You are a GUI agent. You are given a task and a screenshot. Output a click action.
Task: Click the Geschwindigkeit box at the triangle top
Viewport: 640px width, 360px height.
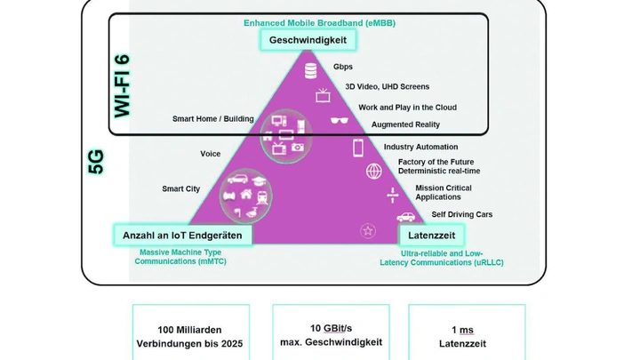(x=308, y=40)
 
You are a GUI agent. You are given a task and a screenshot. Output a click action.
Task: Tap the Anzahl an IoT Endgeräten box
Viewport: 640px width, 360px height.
(x=183, y=235)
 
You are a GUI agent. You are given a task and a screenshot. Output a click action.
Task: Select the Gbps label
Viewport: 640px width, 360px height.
(x=343, y=67)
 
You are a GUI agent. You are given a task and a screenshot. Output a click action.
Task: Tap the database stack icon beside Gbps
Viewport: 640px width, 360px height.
(x=310, y=70)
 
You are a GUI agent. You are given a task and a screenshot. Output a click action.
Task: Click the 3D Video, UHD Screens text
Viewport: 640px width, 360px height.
(x=387, y=87)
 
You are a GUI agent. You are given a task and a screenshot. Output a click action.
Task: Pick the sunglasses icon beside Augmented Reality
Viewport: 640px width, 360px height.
(x=340, y=122)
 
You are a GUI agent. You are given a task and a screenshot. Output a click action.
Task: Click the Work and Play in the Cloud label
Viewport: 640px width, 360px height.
(x=407, y=108)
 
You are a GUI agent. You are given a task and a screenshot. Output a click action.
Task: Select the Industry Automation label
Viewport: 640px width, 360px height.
(x=420, y=147)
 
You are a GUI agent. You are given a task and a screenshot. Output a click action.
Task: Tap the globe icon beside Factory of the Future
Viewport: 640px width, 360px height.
(x=373, y=171)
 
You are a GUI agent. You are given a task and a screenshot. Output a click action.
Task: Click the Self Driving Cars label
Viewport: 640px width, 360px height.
(x=461, y=214)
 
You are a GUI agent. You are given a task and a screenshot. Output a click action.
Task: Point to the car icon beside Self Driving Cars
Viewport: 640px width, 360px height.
(x=405, y=216)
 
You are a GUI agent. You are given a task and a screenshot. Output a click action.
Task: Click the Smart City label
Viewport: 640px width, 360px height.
(x=180, y=188)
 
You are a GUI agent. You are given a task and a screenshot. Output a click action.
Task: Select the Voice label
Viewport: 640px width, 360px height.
(x=210, y=154)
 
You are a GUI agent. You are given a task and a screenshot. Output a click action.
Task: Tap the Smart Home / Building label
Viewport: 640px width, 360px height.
(x=212, y=119)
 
